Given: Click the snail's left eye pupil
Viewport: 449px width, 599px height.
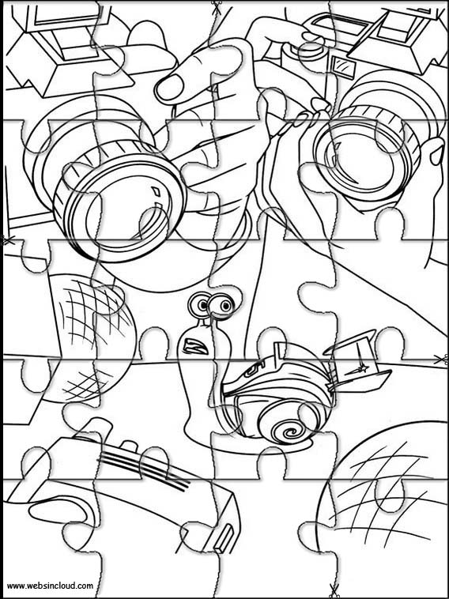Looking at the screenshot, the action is (202, 304).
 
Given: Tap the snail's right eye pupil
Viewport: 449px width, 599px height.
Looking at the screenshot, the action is (225, 306).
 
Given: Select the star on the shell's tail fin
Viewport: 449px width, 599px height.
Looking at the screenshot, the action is (362, 369).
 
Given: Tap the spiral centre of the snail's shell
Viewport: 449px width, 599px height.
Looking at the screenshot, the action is (288, 432).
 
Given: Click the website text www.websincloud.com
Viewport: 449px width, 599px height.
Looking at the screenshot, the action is (50, 586).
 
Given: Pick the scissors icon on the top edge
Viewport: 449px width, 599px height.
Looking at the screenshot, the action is (217, 7).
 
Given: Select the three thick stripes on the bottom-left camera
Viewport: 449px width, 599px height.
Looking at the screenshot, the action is (145, 468).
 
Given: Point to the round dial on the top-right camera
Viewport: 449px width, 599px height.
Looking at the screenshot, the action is (311, 54).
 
